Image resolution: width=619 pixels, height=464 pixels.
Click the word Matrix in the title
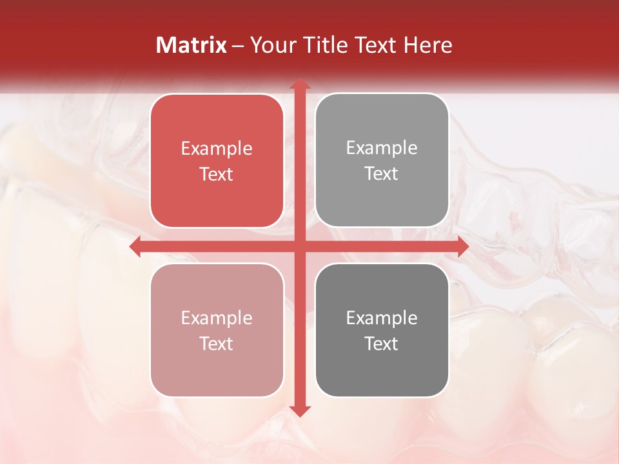[x=192, y=45]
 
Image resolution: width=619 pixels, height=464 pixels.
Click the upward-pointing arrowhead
[x=299, y=84]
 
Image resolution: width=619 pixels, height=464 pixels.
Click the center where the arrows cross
[x=299, y=247]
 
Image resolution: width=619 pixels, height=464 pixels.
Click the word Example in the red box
[x=217, y=149]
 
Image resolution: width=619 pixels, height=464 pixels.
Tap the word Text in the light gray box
[x=382, y=174]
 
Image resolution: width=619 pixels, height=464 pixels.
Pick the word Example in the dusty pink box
[x=217, y=318]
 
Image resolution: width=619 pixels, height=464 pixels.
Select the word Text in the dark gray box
[x=382, y=344]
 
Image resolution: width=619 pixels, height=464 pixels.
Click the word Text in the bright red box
[x=217, y=175]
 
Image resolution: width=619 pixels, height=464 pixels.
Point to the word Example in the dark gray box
[x=382, y=318]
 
